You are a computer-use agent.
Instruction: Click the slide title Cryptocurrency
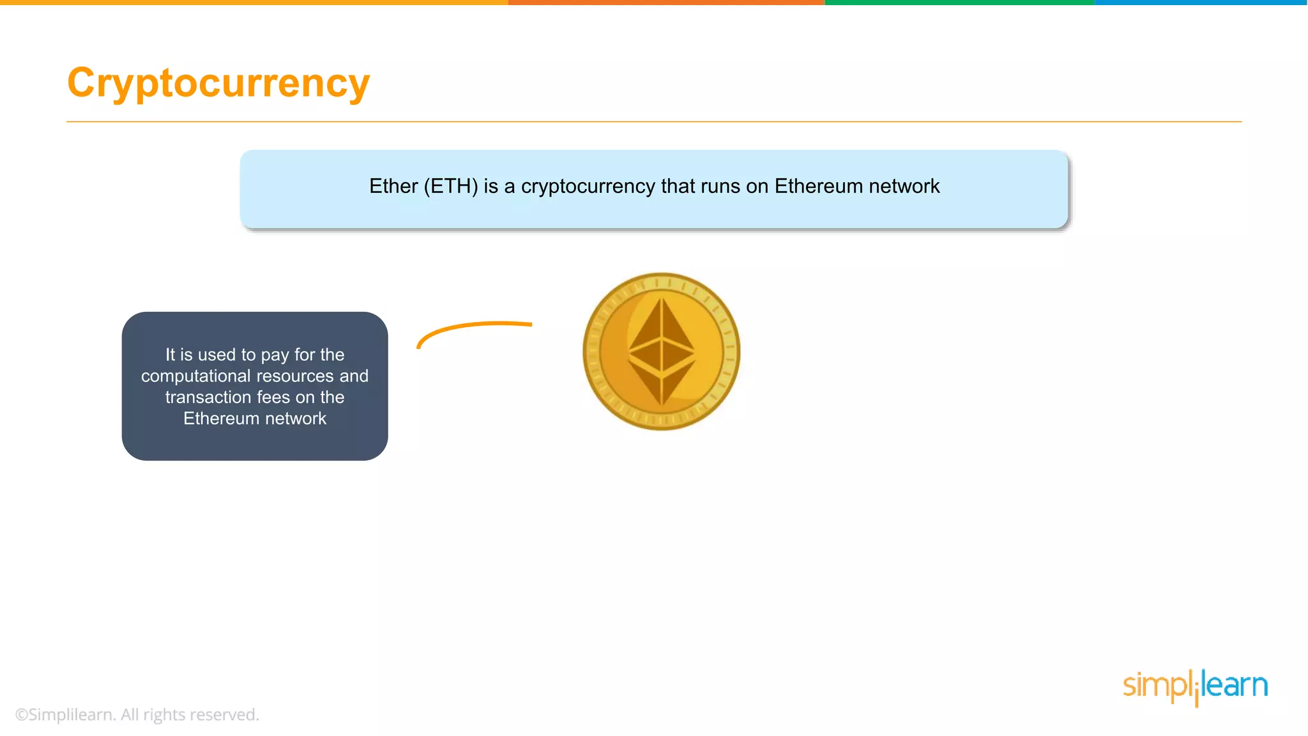tap(218, 83)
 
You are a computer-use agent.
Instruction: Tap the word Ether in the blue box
tap(393, 186)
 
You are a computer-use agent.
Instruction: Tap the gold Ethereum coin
tap(661, 351)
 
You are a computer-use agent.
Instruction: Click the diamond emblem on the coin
tap(662, 351)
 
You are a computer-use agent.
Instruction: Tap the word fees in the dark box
tap(273, 397)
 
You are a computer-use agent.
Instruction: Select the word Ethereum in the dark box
tap(221, 418)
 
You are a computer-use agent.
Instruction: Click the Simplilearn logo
tap(1195, 686)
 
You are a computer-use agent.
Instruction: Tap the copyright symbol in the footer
tap(22, 715)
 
